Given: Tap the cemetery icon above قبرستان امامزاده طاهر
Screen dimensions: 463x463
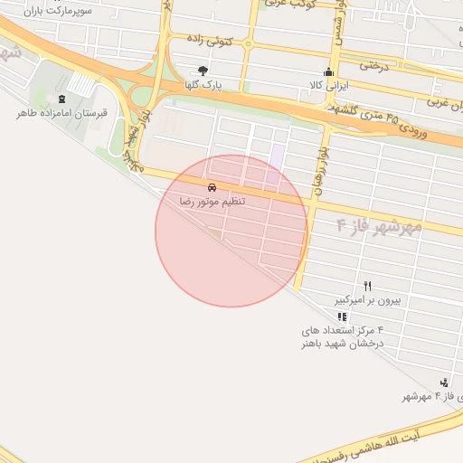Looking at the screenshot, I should click(x=61, y=99).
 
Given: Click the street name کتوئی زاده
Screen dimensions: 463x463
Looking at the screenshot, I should click(x=210, y=42).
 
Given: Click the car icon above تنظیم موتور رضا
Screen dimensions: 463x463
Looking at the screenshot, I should click(x=212, y=185).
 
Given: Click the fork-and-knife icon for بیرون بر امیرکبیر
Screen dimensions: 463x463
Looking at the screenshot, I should click(x=367, y=285).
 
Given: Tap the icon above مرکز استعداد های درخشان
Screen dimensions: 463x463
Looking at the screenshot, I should click(x=342, y=317).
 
